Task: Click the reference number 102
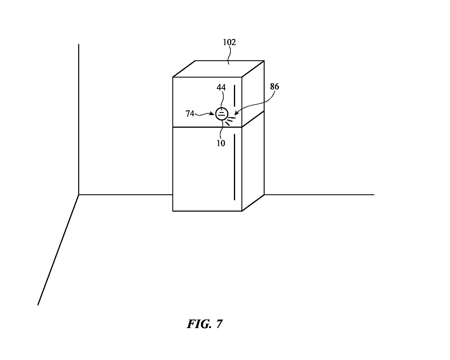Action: [x=229, y=42]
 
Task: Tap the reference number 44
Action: [x=221, y=88]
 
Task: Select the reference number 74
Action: [x=190, y=113]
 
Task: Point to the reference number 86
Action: [x=274, y=87]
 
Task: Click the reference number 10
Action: [x=221, y=143]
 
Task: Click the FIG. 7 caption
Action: [x=205, y=324]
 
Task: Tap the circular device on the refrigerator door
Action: [x=222, y=114]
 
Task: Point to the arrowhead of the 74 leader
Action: [x=213, y=113]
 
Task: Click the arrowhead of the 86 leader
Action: [x=235, y=114]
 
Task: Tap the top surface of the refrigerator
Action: [x=219, y=69]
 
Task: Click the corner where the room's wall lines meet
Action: [x=79, y=195]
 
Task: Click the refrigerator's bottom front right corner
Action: [x=242, y=211]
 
